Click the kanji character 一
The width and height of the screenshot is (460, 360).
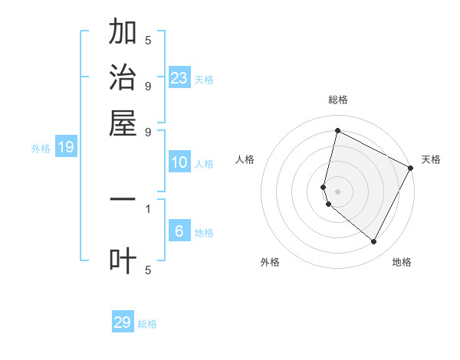(x=123, y=200)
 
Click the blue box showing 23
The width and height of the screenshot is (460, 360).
(x=179, y=78)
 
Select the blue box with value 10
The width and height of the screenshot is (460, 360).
(x=179, y=162)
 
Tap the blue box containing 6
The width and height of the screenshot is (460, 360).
(x=179, y=231)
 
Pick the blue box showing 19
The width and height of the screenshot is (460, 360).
(x=66, y=147)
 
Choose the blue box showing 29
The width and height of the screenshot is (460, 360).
(x=123, y=322)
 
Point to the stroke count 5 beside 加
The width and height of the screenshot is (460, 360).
(x=148, y=40)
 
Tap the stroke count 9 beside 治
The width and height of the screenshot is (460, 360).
(x=148, y=86)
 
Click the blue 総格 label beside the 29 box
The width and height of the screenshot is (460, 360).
(x=147, y=324)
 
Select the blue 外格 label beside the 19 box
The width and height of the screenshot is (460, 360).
(x=41, y=149)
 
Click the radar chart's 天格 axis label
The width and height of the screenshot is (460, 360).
(x=431, y=159)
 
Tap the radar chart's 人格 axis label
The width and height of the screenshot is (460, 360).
(x=245, y=159)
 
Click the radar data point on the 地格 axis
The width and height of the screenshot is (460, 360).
(x=374, y=242)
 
